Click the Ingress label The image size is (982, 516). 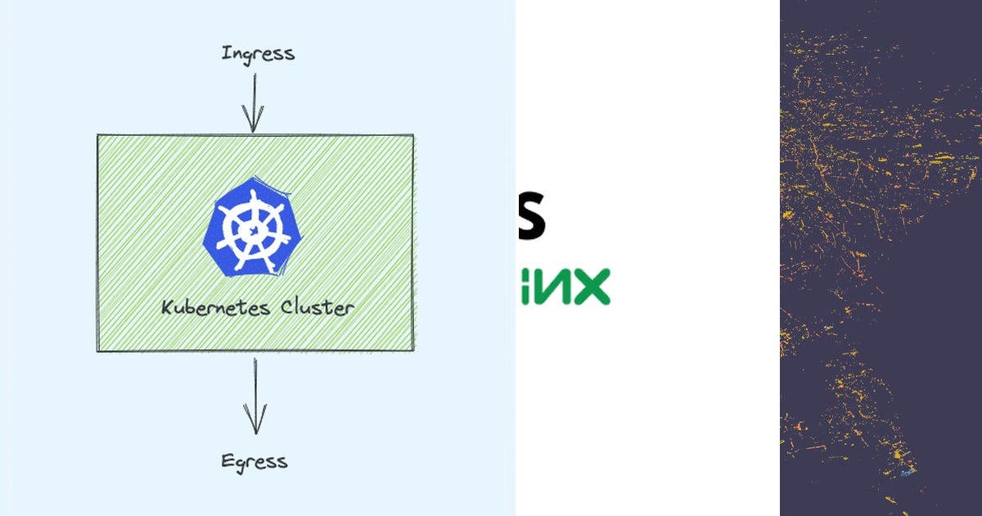pos(258,54)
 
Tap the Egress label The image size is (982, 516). pos(255,461)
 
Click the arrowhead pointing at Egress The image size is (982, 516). pos(255,424)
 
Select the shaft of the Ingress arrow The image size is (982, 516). pos(254,94)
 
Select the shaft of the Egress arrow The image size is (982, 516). pos(255,389)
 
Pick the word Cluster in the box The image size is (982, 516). pos(318,308)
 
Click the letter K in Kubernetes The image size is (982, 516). pos(167,309)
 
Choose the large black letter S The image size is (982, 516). pos(531,215)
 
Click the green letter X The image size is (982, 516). pos(591,286)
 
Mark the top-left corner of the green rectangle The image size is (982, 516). pos(98,136)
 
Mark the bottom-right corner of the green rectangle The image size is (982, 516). pos(412,351)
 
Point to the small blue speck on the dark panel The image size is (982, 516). pos(903,473)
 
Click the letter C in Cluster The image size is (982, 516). pos(288,308)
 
